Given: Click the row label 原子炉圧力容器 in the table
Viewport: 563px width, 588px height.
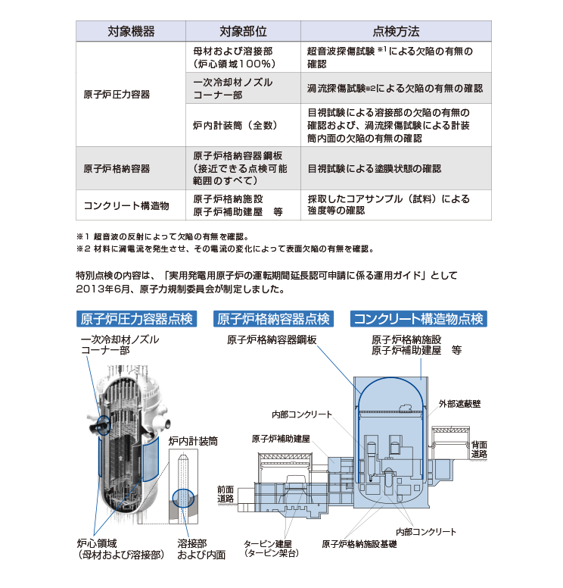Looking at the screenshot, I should click(x=117, y=95).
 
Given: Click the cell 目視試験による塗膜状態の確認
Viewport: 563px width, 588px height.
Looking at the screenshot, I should click(x=374, y=168).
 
